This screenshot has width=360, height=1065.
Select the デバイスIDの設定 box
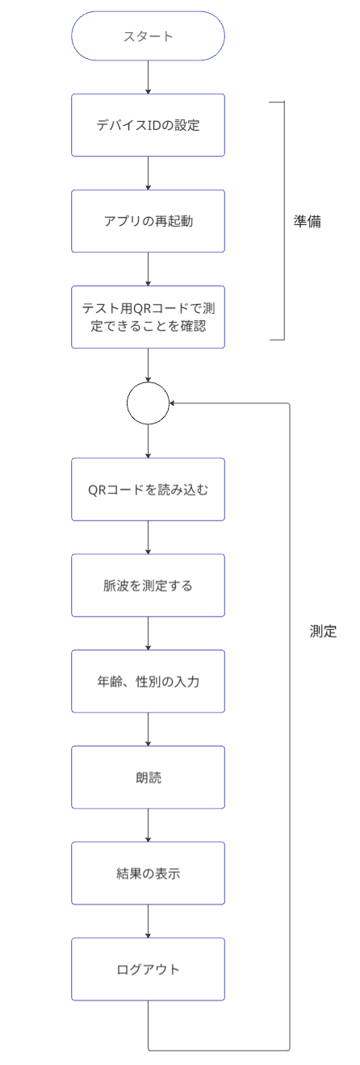coord(149,126)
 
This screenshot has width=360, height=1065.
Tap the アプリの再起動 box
coord(149,221)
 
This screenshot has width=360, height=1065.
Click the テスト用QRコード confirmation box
coord(149,316)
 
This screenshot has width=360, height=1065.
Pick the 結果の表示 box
coord(149,872)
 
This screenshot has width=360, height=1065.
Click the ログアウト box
coord(149,967)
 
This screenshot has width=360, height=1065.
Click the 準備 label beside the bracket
coord(308,221)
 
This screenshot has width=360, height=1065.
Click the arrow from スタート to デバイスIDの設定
coord(149,79)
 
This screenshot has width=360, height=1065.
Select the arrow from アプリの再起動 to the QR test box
coord(149,269)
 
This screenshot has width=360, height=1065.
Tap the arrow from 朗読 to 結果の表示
coord(149,824)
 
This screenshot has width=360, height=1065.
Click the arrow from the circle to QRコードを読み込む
coord(149,440)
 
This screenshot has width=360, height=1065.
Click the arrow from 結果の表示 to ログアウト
coord(149,920)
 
